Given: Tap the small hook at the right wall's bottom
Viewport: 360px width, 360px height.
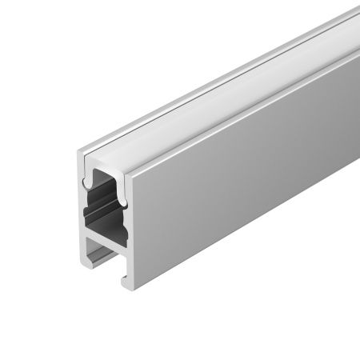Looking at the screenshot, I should pos(126,280).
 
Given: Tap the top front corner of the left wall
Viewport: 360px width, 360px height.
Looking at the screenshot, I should pos(81,153).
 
